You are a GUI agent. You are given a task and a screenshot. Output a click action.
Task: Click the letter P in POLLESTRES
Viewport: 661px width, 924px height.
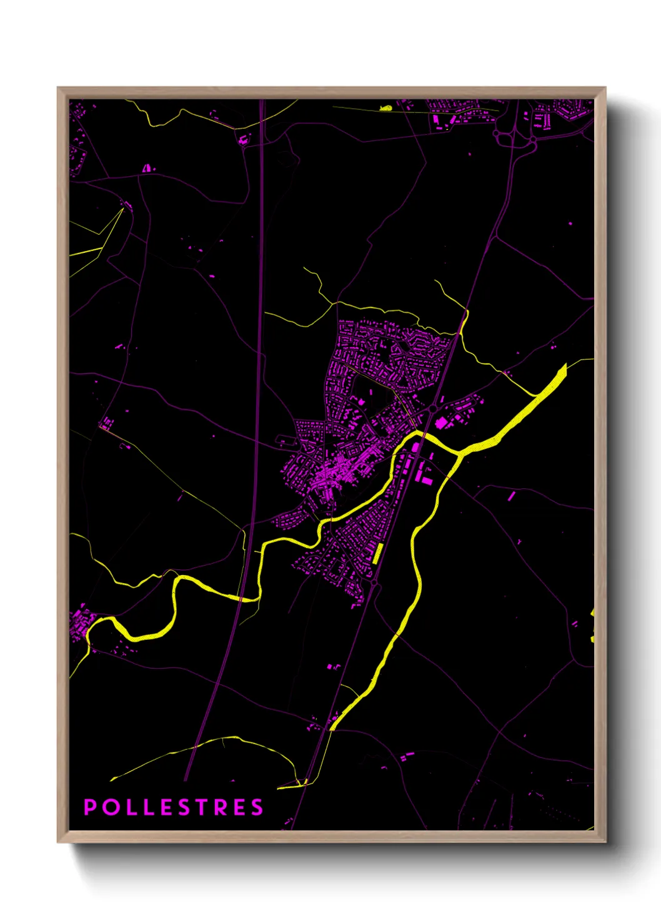click(90, 807)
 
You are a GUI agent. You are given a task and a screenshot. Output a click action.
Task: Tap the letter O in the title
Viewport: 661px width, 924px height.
click(110, 807)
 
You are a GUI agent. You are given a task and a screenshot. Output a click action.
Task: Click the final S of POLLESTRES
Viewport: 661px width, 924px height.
click(257, 807)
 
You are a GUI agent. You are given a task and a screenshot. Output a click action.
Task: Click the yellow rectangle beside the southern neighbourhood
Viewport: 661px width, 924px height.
click(377, 553)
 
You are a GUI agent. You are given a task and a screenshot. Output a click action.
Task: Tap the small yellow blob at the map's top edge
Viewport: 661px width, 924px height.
click(386, 109)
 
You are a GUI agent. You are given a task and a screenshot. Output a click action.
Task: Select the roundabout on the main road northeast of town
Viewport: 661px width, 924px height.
click(432, 409)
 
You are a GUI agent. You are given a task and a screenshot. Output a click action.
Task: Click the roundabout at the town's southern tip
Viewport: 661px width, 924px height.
click(374, 583)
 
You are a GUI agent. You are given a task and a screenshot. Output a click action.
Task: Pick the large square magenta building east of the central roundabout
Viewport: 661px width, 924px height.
click(442, 423)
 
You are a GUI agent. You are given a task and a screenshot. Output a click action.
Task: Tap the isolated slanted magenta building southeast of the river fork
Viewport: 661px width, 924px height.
click(511, 496)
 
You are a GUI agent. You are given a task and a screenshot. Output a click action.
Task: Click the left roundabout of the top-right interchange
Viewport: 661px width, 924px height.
click(497, 133)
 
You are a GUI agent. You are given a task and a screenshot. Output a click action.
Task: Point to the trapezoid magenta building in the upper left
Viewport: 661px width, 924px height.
click(147, 168)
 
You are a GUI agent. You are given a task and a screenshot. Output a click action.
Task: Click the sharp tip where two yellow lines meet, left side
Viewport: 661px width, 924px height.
click(123, 210)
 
